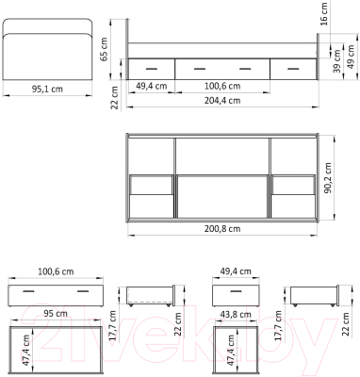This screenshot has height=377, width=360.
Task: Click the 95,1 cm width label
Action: tap(47, 90)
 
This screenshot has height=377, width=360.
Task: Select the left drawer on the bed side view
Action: tap(151, 68)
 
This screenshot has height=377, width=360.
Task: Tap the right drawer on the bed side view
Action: tap(292, 68)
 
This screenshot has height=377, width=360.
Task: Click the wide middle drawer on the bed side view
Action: tap(221, 68)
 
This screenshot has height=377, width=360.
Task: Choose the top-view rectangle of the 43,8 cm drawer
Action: tap(235, 350)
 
